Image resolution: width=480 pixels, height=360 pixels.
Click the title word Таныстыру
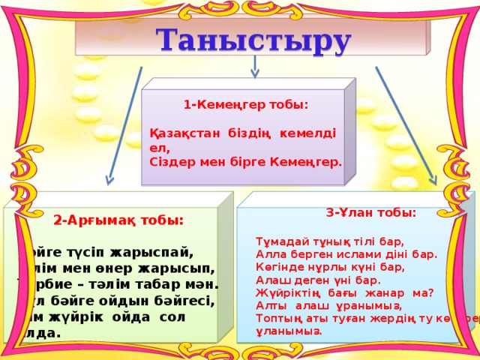pos(253,40)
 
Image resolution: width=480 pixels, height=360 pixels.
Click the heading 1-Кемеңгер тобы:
pos(245,106)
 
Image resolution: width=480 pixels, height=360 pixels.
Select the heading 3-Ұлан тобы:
pos(371,212)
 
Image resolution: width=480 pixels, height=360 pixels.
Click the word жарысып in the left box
pos(179,268)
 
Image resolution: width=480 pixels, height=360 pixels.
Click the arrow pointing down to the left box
pos(124,127)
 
